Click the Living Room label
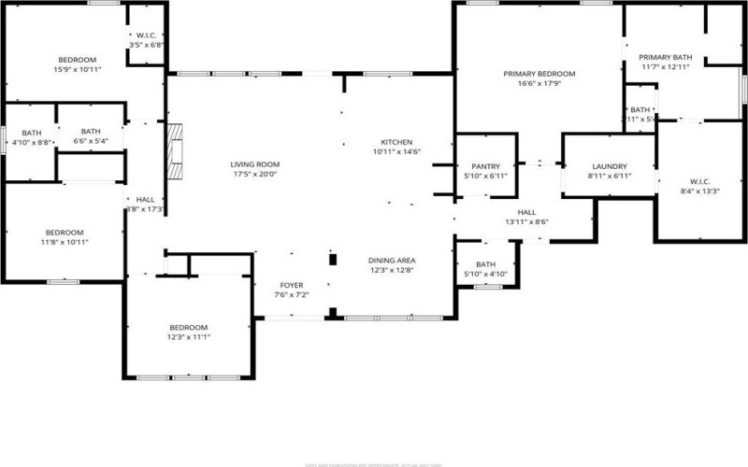[x=255, y=164]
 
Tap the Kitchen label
[x=396, y=142]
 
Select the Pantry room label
[x=486, y=166]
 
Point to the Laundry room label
[x=608, y=166]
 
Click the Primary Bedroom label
[x=539, y=74]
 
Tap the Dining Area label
[x=391, y=261]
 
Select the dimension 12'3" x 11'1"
[x=189, y=337]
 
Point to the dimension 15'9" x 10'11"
[x=78, y=69]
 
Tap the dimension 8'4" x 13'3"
[x=699, y=191]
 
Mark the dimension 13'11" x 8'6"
[x=527, y=222]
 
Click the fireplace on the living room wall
[x=173, y=153]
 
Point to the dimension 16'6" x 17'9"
[x=539, y=83]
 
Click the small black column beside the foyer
[x=331, y=259]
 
